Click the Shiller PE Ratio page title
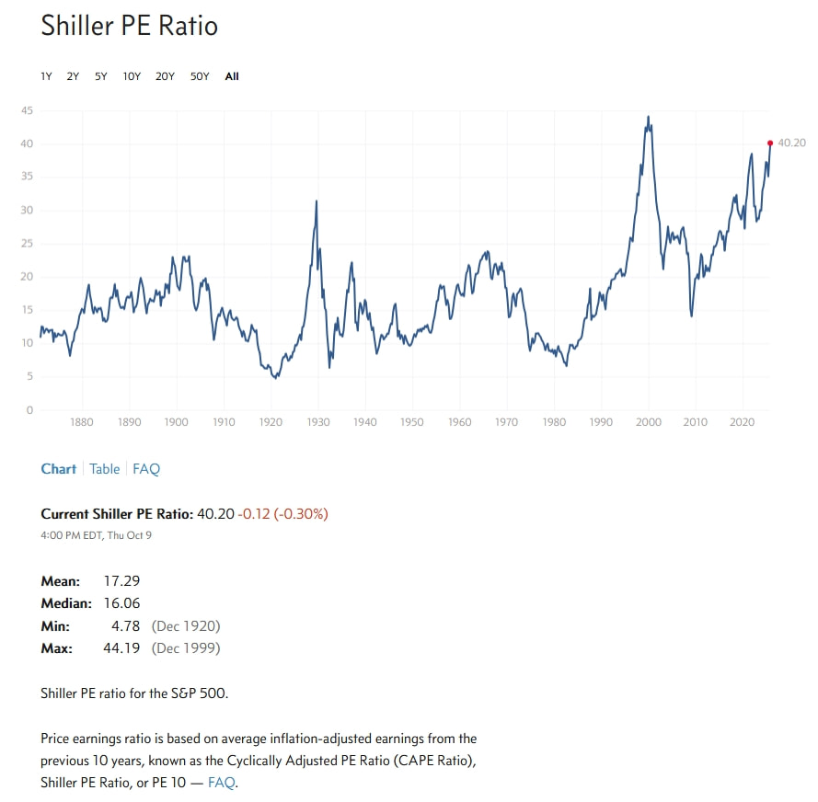129,26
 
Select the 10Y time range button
132,76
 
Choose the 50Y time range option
200,76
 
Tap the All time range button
232,76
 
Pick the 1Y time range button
46,76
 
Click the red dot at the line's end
770,143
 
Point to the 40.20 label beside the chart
791,143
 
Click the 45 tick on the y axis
28,110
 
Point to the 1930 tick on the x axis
317,422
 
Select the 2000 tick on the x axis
649,422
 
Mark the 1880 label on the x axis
82,422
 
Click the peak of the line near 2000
648,118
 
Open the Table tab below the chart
104,469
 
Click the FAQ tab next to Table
146,469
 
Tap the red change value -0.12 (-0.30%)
282,514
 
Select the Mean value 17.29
121,580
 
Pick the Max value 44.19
121,648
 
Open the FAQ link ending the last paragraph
222,783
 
